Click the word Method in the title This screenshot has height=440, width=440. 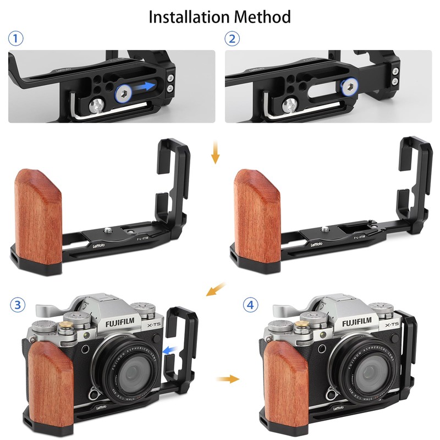(x=262, y=17)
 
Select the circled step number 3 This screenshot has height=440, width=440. (x=18, y=304)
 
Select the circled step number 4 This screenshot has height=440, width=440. (x=251, y=304)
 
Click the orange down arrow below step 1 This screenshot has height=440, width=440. (x=216, y=153)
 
